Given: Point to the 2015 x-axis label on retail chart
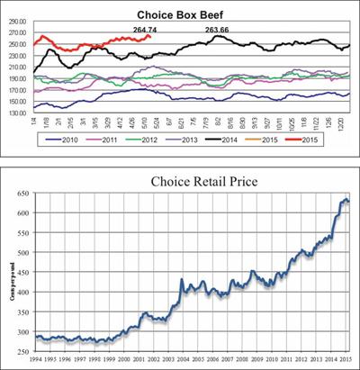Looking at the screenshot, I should coord(346,361).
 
